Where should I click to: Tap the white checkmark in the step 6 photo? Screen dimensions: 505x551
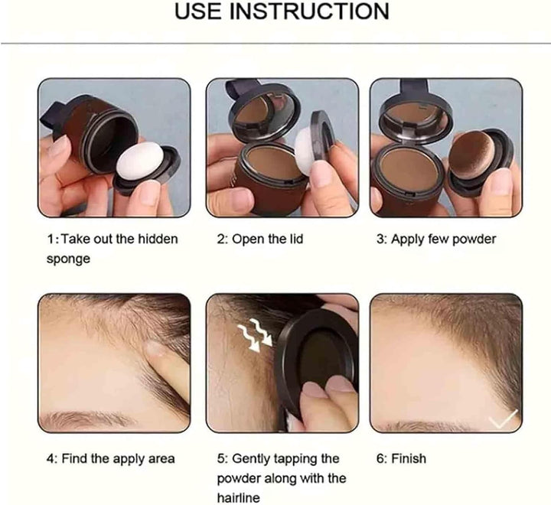pos(503,418)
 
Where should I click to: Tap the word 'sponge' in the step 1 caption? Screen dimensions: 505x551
pos(68,259)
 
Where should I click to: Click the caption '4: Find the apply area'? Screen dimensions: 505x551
pos(110,459)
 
